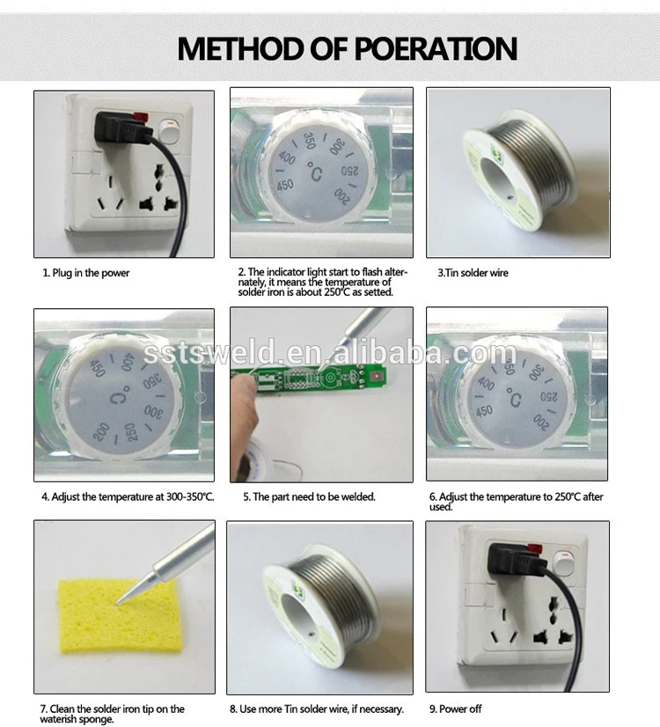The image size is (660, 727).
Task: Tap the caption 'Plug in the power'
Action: tap(91, 273)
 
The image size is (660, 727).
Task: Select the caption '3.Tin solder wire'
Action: tap(473, 273)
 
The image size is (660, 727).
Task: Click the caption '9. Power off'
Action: tap(455, 709)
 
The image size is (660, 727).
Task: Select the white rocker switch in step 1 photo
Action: tap(168, 131)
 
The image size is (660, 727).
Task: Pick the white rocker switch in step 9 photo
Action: tap(562, 562)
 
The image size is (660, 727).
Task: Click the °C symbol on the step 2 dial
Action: tap(315, 172)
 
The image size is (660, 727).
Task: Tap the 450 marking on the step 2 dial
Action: tap(285, 186)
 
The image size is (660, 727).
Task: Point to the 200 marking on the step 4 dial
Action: tap(101, 431)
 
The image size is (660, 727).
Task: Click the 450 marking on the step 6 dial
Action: tap(484, 411)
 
